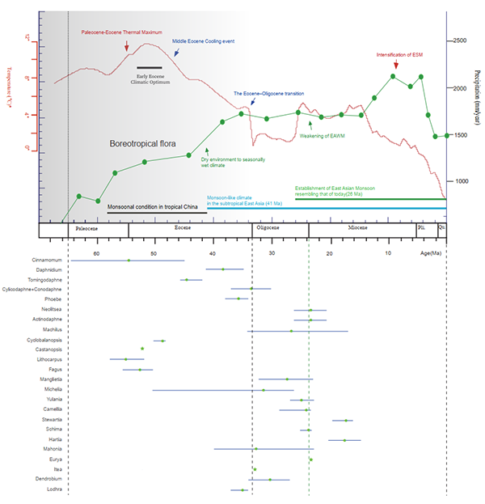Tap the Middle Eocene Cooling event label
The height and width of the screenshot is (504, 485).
pyautogui.click(x=203, y=40)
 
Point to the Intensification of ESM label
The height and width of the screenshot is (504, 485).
pyautogui.click(x=399, y=54)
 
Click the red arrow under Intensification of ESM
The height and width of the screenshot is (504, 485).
pyautogui.click(x=394, y=65)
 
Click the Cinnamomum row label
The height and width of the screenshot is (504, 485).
pyautogui.click(x=46, y=260)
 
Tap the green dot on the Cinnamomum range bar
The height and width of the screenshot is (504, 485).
pyautogui.click(x=128, y=260)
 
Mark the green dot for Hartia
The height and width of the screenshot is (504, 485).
pyautogui.click(x=344, y=440)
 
